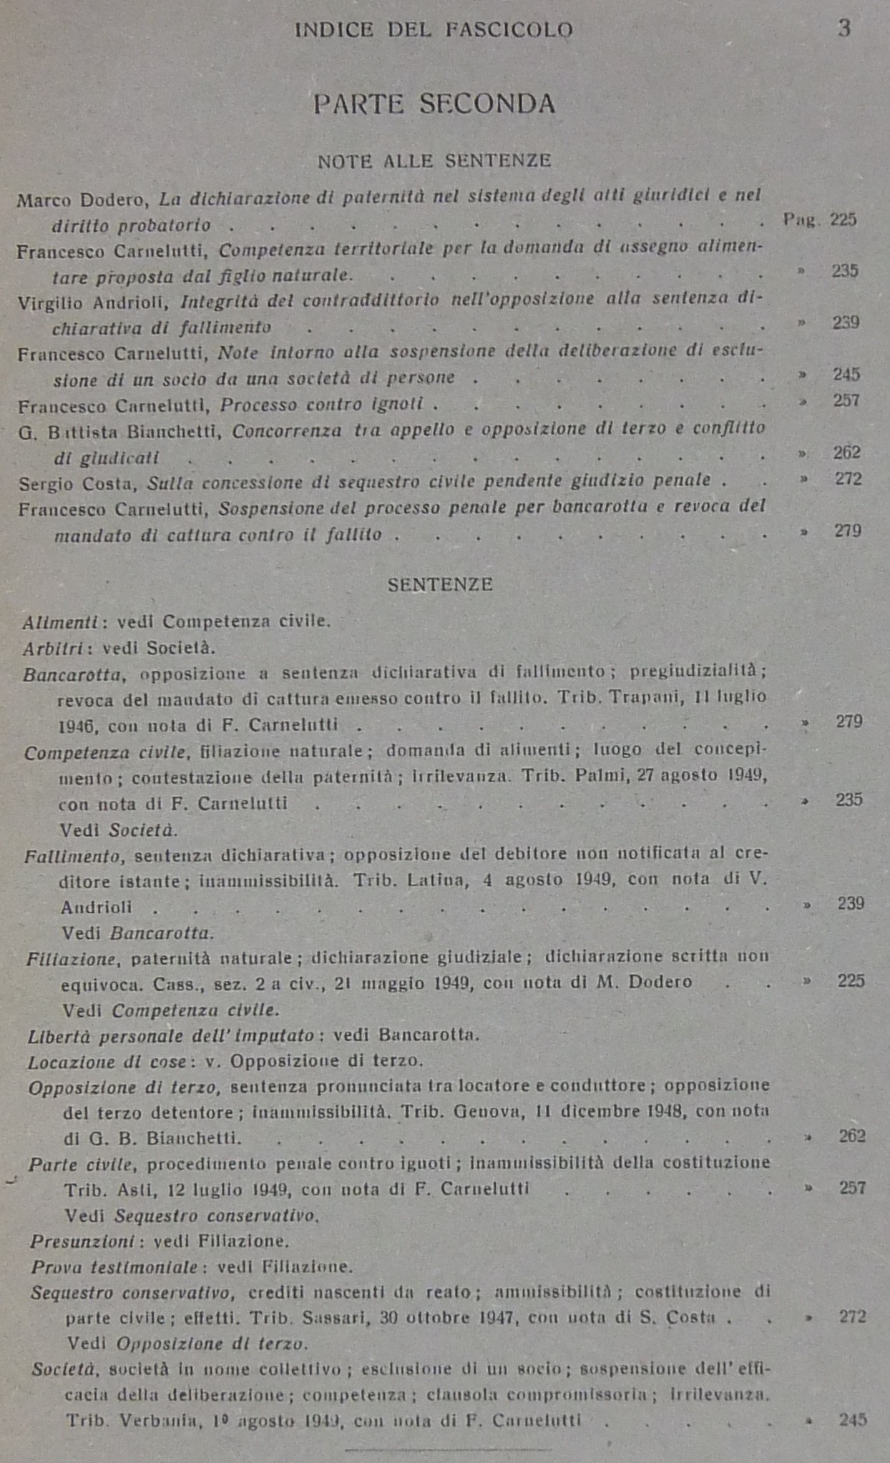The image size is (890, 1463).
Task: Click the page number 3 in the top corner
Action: tap(844, 29)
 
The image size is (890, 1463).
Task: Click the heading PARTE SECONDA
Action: tap(434, 104)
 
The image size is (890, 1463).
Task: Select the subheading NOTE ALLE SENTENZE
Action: tap(434, 161)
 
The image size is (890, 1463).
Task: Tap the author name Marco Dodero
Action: tap(82, 199)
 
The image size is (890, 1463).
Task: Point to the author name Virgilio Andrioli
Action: tap(93, 302)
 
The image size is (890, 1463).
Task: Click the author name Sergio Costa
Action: tap(77, 484)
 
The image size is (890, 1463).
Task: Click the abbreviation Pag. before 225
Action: tap(800, 220)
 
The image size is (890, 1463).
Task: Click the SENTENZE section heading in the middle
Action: tap(440, 585)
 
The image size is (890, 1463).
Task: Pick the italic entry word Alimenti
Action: tap(60, 622)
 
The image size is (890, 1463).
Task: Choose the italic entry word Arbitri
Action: tap(54, 649)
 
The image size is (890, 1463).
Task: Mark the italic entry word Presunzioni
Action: tap(83, 1241)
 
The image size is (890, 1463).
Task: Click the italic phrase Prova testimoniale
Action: tap(114, 1267)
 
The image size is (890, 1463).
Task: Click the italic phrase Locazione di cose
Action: tap(107, 1063)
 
